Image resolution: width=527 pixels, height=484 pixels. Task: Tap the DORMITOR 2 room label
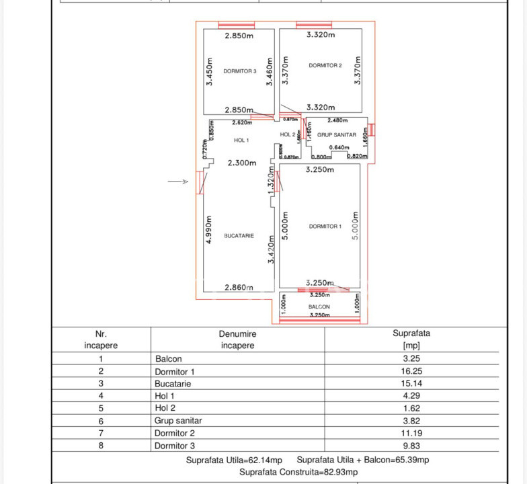tap(325, 65)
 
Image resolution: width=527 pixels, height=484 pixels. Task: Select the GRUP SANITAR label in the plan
tap(337, 135)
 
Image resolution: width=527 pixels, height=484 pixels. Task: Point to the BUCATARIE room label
tap(239, 236)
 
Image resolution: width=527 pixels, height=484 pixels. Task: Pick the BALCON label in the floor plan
tap(319, 307)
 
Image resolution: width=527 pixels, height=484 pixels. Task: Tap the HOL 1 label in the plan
tap(241, 140)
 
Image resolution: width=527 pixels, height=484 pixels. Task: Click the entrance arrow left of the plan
tap(177, 182)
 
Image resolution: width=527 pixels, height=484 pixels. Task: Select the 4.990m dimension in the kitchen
tap(210, 230)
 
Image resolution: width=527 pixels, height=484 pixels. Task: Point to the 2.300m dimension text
tap(242, 163)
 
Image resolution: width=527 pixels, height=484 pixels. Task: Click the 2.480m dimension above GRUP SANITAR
tap(337, 120)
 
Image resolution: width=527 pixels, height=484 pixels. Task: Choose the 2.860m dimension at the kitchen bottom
tap(239, 287)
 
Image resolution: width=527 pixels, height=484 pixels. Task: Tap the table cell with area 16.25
tap(411, 371)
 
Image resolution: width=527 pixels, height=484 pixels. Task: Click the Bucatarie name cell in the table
tap(173, 384)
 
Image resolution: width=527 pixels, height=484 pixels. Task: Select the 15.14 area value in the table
tap(411, 384)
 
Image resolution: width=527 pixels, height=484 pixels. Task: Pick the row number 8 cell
tap(101, 445)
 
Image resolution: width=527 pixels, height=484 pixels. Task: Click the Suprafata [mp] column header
tap(411, 339)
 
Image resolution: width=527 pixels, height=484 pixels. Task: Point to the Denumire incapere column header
tap(237, 339)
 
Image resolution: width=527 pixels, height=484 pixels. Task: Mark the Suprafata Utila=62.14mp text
tap(233, 460)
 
